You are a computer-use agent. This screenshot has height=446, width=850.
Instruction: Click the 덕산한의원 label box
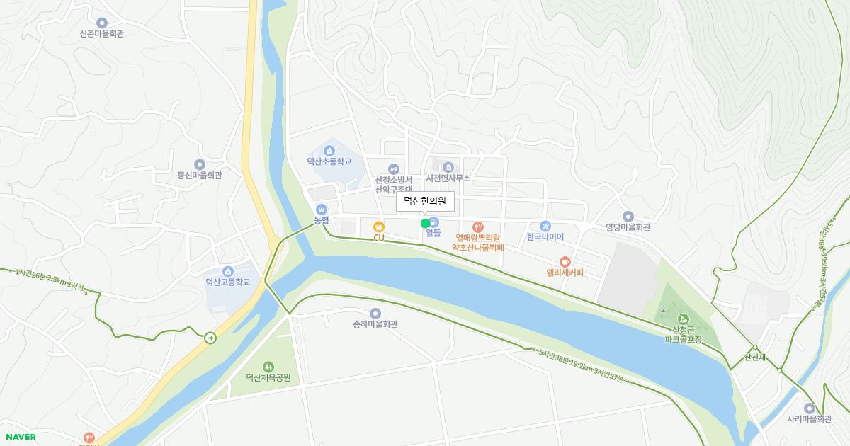424,201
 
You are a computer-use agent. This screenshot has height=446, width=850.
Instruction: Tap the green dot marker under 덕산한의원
425,224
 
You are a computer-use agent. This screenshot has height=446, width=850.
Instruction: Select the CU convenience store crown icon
379,227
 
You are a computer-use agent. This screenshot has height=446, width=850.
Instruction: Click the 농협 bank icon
322,210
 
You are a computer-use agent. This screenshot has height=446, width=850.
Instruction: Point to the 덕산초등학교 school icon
329,150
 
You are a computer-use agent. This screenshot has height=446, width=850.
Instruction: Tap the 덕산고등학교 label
227,282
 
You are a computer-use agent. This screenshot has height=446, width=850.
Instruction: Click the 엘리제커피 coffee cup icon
565,261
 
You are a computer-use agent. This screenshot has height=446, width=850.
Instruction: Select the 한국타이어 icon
545,225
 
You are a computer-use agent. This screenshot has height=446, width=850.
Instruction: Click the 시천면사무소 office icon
448,167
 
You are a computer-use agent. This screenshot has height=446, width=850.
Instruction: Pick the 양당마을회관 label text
628,228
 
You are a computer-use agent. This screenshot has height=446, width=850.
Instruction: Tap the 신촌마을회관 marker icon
102,23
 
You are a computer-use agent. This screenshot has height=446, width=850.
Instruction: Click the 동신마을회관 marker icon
200,164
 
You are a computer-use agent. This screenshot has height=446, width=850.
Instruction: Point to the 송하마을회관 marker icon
375,313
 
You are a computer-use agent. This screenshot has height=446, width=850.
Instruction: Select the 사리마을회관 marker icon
809,408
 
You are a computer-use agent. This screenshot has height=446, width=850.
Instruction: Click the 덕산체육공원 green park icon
268,366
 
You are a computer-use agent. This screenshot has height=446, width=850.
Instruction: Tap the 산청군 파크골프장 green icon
683,319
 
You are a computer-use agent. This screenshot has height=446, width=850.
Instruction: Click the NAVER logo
21,437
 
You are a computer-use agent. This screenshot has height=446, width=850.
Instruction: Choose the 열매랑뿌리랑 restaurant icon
478,227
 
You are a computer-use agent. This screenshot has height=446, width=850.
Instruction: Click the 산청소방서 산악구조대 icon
393,168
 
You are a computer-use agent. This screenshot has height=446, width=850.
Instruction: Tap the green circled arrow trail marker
210,338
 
